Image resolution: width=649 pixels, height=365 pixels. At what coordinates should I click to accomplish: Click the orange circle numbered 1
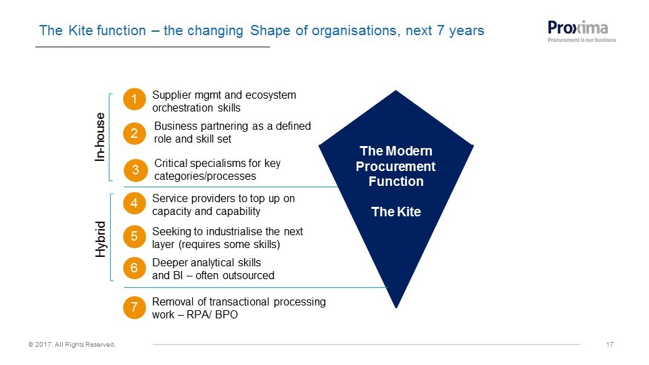point(134,99)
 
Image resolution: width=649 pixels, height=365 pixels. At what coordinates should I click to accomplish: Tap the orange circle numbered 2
point(134,133)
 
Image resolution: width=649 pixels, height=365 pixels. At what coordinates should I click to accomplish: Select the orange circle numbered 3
point(135,170)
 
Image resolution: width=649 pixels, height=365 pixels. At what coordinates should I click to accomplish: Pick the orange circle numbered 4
point(134,203)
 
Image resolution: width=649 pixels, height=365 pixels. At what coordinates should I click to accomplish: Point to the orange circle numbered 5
point(134,237)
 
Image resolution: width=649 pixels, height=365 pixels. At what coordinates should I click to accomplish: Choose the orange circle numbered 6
point(134,268)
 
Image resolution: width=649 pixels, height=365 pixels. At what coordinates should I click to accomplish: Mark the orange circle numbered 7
point(134,308)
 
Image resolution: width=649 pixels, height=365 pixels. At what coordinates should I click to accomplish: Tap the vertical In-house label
point(100,137)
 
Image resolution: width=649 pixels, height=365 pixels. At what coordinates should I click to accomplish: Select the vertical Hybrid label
point(101,239)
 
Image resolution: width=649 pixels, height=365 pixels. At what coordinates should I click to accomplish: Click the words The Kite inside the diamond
point(395,212)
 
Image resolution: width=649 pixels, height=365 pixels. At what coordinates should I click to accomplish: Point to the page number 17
point(610,344)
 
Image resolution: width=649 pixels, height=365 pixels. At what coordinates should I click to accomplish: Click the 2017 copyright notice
point(72,344)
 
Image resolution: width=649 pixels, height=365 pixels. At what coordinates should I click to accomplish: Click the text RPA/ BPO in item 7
point(212,314)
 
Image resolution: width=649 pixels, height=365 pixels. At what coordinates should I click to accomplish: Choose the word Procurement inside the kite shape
point(395,166)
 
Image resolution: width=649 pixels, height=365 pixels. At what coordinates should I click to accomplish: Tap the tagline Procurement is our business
point(581,40)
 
